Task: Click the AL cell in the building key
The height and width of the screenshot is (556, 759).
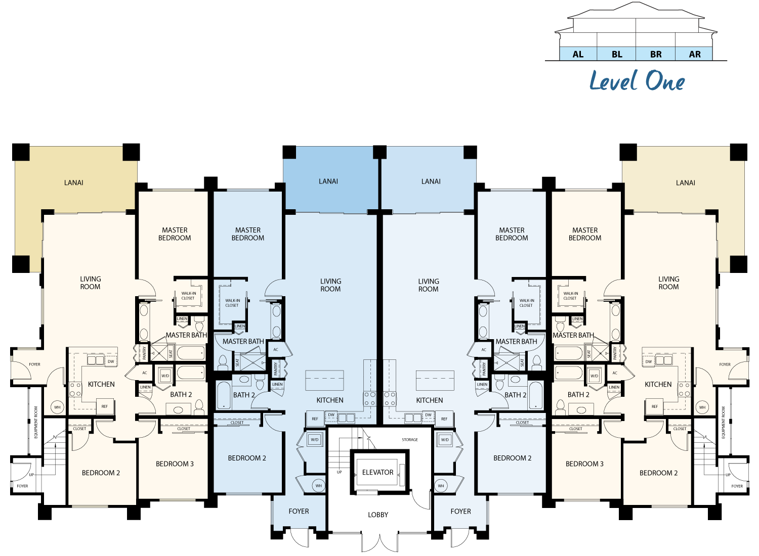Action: [x=578, y=54]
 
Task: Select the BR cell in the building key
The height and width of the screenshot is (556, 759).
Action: [x=656, y=54]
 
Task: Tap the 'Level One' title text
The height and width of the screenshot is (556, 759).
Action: [x=637, y=81]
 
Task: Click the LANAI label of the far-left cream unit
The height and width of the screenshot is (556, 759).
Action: [x=74, y=182]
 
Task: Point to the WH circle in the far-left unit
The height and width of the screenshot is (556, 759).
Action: [x=57, y=407]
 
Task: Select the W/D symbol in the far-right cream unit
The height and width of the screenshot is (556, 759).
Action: [x=594, y=376]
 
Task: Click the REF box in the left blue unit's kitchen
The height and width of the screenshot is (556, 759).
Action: [x=315, y=419]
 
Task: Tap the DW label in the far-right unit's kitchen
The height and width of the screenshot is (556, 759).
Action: [x=648, y=361]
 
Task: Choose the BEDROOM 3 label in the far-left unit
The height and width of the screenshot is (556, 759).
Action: [x=175, y=464]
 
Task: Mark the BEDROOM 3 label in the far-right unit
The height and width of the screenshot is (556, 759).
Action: [x=584, y=464]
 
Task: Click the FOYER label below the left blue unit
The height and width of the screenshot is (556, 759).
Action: [x=299, y=511]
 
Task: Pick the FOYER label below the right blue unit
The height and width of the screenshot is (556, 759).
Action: [x=460, y=511]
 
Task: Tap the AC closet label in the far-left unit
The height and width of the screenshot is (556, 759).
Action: [x=145, y=373]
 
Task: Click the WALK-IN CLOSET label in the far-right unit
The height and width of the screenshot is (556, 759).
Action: [x=570, y=296]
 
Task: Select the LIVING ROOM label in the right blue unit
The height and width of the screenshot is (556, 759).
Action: [x=429, y=285]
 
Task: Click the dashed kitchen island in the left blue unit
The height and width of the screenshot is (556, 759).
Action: [x=324, y=380]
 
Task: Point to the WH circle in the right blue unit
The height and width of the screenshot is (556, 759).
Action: [x=441, y=486]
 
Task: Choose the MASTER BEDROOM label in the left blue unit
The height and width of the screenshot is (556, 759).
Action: [x=248, y=234]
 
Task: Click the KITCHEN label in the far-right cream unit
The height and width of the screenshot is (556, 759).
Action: [x=658, y=384]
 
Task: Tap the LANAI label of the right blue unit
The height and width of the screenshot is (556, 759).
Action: [x=431, y=181]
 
